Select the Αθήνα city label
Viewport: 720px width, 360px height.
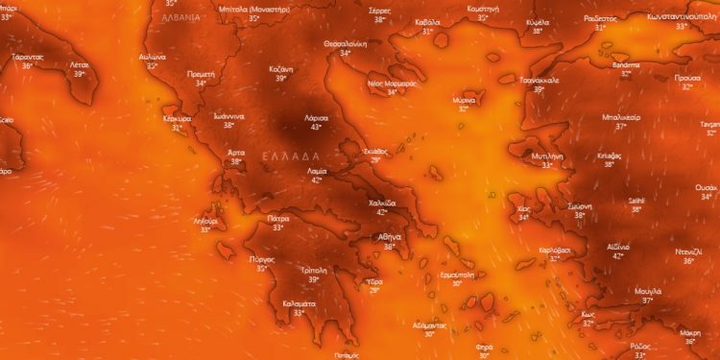tap(390, 236)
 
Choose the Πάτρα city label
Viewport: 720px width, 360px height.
tap(278, 219)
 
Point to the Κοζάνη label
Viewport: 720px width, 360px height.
tap(280, 70)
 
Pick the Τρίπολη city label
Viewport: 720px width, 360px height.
tap(314, 271)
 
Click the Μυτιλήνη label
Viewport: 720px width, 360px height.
tap(546, 156)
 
